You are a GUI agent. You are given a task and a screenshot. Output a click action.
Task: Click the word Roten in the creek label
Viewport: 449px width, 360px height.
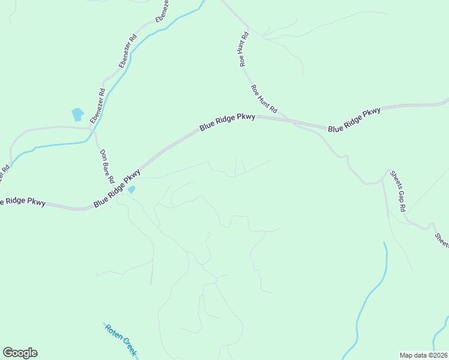click(x=112, y=332)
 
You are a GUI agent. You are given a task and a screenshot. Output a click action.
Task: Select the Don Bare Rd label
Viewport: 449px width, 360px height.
click(x=107, y=166)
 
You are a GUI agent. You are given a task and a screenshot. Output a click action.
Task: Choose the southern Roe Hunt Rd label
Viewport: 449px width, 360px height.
click(x=264, y=99)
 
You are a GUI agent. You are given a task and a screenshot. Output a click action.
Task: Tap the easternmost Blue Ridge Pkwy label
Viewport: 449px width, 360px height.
click(x=354, y=119)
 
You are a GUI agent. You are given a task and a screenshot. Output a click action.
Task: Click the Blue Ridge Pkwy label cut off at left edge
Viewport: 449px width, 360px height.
click(x=23, y=202)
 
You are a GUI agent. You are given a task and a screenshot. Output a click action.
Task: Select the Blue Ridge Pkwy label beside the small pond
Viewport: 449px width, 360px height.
click(x=117, y=188)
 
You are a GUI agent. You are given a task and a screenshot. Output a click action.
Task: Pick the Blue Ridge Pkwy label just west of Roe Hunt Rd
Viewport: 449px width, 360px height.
click(x=228, y=122)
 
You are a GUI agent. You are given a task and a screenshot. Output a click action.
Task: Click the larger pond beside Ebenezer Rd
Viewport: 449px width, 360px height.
click(x=77, y=114)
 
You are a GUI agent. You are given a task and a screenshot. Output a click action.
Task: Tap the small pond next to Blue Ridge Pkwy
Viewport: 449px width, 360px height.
click(x=131, y=190)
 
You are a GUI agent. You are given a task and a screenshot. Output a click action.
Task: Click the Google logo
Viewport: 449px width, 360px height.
click(x=20, y=353)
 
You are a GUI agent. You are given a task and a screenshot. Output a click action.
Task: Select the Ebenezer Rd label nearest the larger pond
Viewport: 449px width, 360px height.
click(x=98, y=106)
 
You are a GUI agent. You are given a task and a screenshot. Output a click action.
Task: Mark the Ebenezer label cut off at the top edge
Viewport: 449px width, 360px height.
click(x=162, y=11)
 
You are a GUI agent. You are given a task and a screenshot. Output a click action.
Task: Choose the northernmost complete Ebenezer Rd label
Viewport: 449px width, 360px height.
click(x=128, y=50)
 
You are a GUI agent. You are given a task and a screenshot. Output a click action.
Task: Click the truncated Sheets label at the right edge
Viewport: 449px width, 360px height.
click(x=442, y=237)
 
